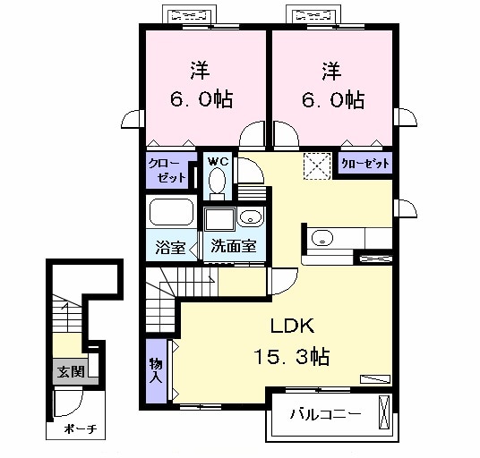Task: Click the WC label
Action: tap(218, 161)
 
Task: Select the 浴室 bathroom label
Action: tap(171, 247)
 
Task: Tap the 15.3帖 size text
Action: tap(292, 357)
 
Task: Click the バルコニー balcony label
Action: tap(325, 415)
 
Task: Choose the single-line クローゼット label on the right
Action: tap(364, 164)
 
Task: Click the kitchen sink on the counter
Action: tap(321, 238)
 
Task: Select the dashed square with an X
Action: tap(315, 165)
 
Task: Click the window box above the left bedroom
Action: tap(190, 15)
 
